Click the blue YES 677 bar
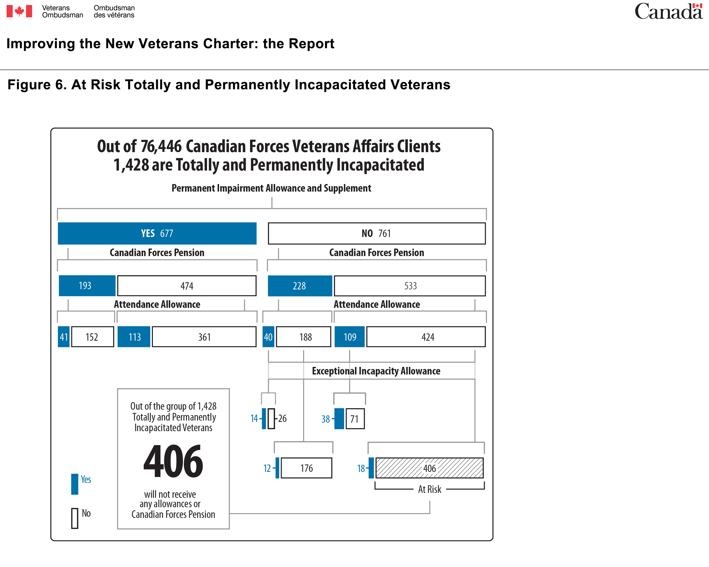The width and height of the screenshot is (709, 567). click(x=157, y=233)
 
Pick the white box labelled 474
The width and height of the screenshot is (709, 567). click(x=187, y=286)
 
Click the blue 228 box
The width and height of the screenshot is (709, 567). click(x=300, y=286)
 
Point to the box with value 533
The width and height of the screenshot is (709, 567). click(x=410, y=286)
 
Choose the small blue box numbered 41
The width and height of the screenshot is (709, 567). click(x=64, y=337)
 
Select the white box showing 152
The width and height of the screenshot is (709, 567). click(x=93, y=337)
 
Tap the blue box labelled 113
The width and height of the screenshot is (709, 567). click(x=134, y=337)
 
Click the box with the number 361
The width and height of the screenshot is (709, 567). click(x=204, y=337)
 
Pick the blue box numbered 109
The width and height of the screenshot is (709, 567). click(x=350, y=337)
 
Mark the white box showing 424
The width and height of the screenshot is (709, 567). click(x=426, y=337)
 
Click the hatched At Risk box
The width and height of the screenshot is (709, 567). click(x=429, y=468)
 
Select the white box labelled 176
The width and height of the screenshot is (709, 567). click(x=307, y=468)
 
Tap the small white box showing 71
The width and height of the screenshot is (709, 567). click(x=355, y=419)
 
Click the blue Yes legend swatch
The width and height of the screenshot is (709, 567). click(x=75, y=484)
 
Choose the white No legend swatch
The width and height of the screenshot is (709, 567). click(x=75, y=518)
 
